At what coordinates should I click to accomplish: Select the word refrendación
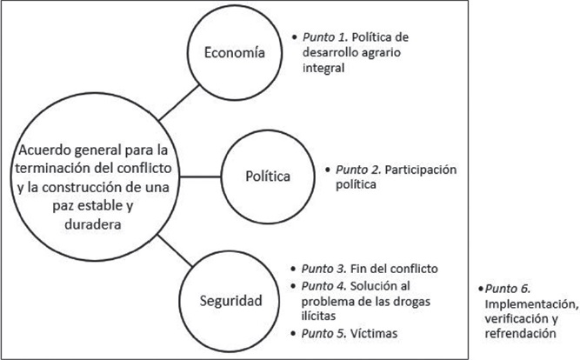(x=519, y=333)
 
